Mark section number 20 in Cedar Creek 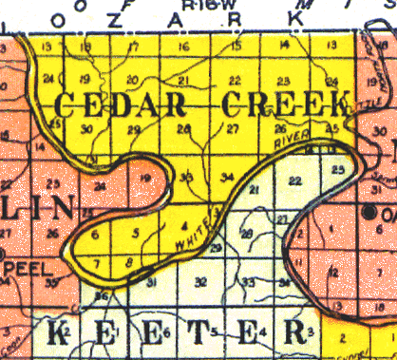pyautogui.click(x=132, y=79)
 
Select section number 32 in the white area pyautogui.click(x=200, y=281)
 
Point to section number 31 pyautogui.click(x=151, y=281)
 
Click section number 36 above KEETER pyautogui.click(x=103, y=297)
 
